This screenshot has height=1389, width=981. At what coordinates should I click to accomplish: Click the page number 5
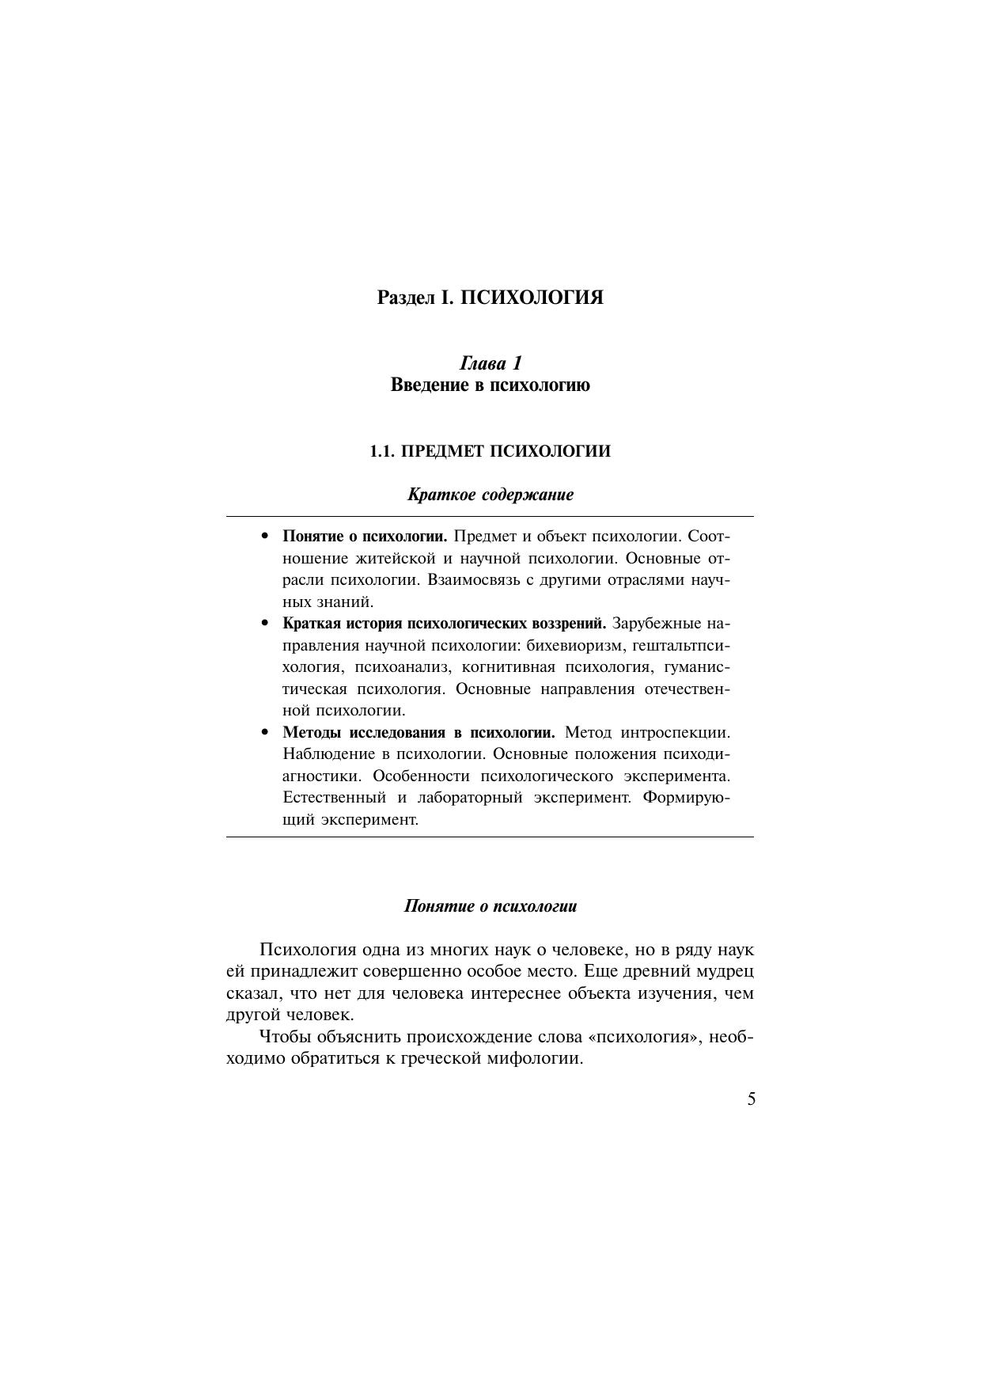tap(751, 1099)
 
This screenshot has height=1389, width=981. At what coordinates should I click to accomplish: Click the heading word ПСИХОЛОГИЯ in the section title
tap(532, 298)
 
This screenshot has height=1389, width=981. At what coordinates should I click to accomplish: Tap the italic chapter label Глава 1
tap(490, 363)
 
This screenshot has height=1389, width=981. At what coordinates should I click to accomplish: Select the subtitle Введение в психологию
tap(490, 385)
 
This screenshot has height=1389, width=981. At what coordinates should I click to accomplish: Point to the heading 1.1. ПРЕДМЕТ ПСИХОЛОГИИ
tap(490, 451)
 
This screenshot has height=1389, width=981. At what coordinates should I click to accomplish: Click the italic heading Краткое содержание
tap(490, 495)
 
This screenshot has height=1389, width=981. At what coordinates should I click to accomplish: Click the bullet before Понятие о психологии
tap(266, 537)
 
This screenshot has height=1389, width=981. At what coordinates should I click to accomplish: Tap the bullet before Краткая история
tap(266, 624)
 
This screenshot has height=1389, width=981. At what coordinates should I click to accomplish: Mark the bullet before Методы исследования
tap(266, 733)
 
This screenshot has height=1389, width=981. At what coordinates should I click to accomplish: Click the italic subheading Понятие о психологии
tap(490, 906)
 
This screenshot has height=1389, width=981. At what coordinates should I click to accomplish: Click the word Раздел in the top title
tap(406, 298)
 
